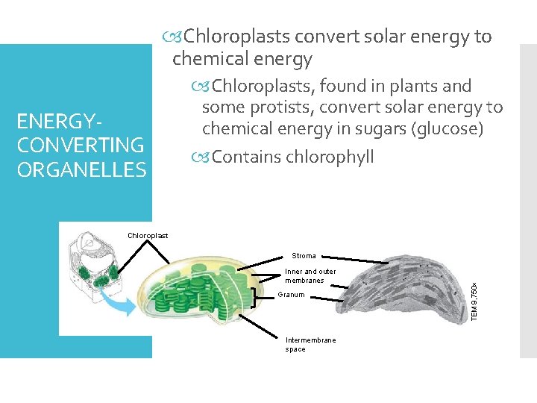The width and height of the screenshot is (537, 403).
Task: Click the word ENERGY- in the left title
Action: tap(59, 121)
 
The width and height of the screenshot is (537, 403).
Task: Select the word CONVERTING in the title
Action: tap(80, 145)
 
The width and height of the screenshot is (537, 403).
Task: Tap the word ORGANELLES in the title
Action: tap(81, 169)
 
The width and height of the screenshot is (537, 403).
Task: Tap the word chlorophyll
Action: tap(330, 157)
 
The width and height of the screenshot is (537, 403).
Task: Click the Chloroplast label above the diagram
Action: tap(148, 236)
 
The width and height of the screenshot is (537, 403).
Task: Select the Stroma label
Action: tap(304, 256)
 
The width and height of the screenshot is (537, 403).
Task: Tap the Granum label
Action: tap(290, 296)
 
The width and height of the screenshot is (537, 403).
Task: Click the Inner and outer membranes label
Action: tap(310, 276)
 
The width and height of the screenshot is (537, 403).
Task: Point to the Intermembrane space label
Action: tap(310, 344)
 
